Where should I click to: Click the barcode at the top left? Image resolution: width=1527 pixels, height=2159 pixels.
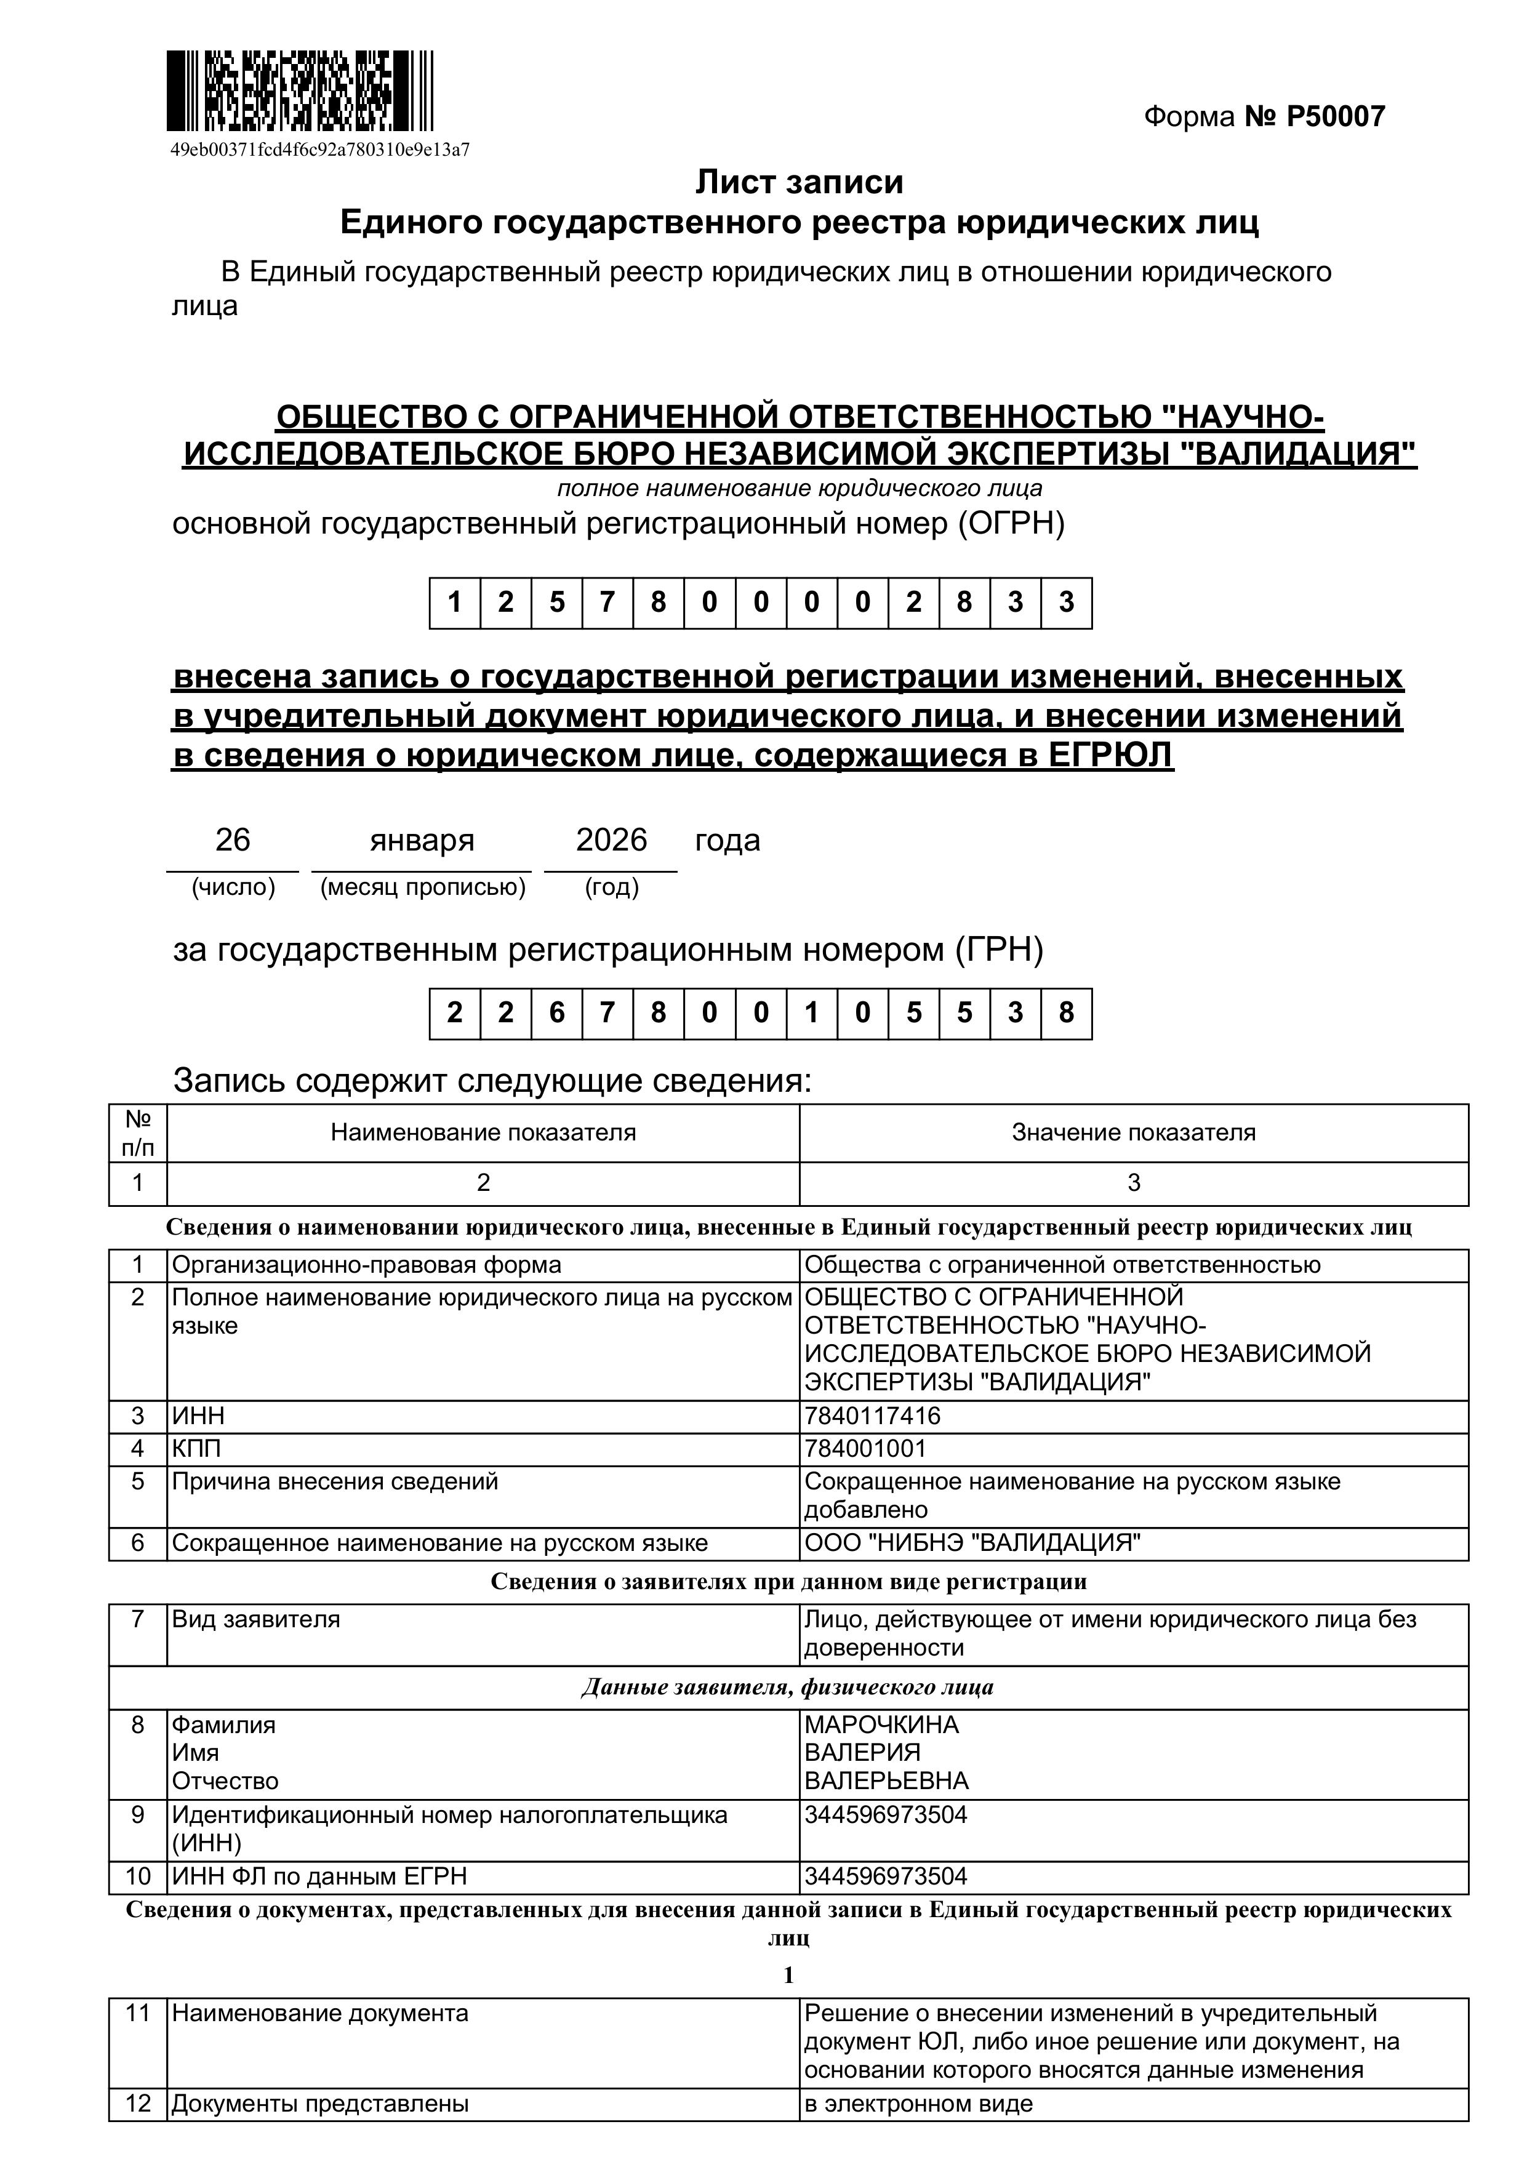pyautogui.click(x=299, y=90)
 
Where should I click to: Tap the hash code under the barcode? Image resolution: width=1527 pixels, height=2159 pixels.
pyautogui.click(x=319, y=150)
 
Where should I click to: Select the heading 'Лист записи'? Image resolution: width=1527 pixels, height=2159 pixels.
pyautogui.click(x=800, y=182)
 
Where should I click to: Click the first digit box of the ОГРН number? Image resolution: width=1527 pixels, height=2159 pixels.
pyautogui.click(x=455, y=603)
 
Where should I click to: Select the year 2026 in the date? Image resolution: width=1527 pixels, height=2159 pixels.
pyautogui.click(x=611, y=839)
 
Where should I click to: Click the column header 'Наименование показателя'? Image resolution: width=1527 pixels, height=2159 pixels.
pyautogui.click(x=483, y=1132)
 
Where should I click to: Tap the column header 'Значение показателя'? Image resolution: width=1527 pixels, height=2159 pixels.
pyautogui.click(x=1133, y=1132)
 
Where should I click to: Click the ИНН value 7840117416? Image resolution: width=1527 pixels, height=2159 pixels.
pyautogui.click(x=873, y=1443)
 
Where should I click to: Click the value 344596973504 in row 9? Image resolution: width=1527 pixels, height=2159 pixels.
pyautogui.click(x=886, y=1815)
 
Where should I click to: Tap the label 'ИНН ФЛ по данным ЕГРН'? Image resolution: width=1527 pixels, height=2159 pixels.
pyautogui.click(x=319, y=1877)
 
